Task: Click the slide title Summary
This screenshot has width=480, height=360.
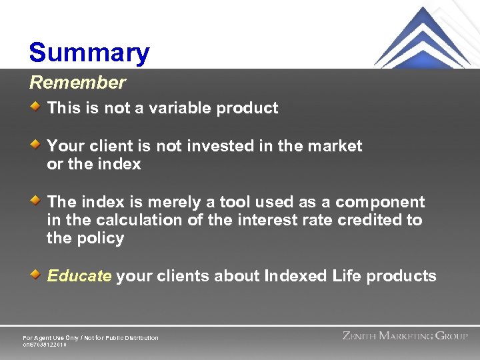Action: point(89,53)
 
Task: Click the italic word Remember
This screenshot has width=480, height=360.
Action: point(77,83)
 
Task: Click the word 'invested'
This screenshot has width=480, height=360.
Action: point(216,146)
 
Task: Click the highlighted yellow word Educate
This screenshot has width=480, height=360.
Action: point(79,276)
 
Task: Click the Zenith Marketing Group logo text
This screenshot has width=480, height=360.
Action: point(405,336)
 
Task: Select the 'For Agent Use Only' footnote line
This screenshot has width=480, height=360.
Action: point(91,338)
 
